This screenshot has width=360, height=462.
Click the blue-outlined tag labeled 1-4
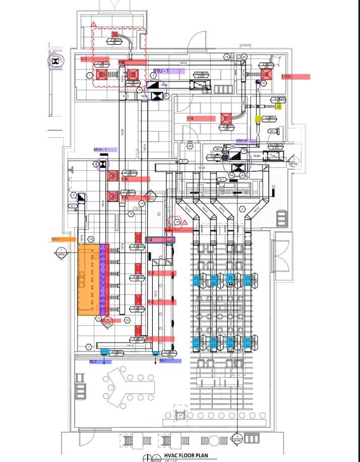160,240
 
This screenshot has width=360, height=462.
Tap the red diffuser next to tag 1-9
225,118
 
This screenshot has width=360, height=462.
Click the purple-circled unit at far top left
56,61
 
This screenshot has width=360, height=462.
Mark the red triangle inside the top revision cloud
93,24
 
